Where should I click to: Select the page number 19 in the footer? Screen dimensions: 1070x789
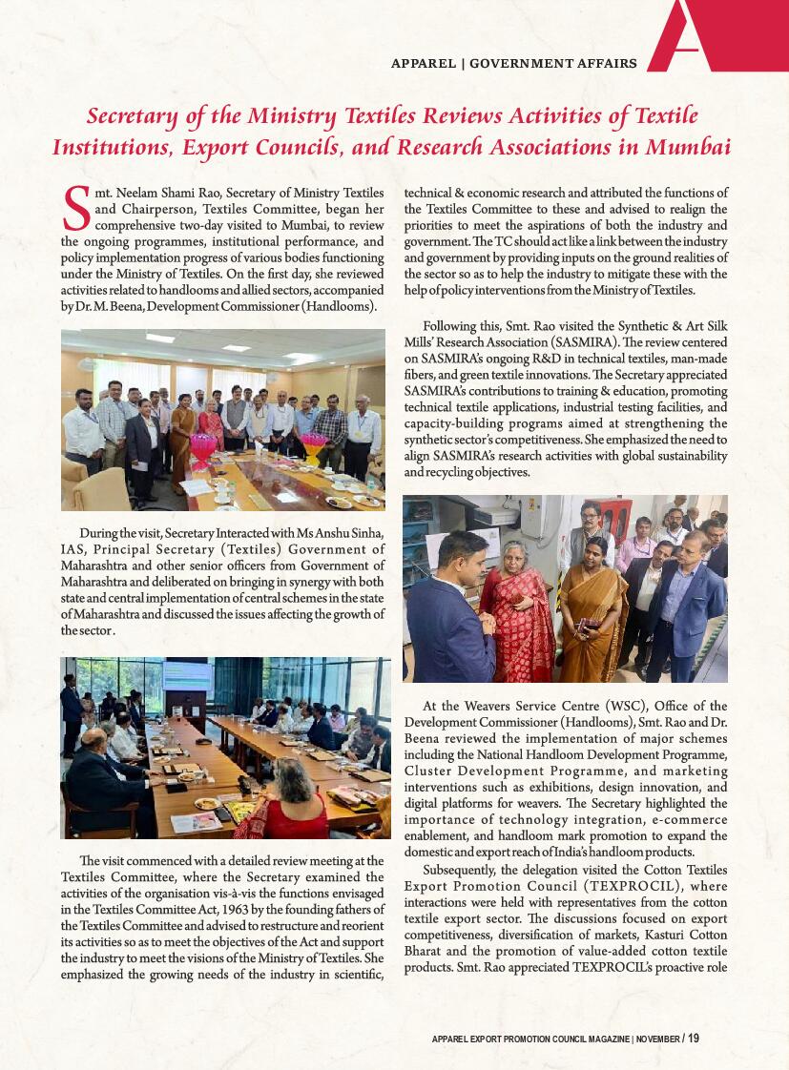click(x=693, y=1038)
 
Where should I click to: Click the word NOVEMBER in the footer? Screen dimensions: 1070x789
click(x=657, y=1038)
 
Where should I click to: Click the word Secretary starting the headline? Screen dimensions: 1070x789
click(x=131, y=117)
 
